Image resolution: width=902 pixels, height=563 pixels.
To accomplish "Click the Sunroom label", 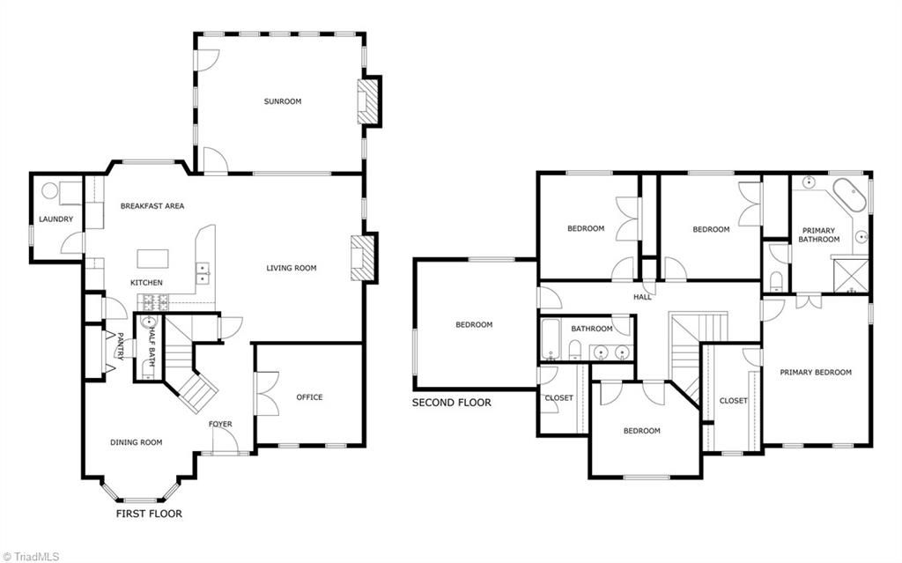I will (x=282, y=101).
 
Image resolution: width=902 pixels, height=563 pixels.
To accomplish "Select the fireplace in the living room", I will (x=362, y=258).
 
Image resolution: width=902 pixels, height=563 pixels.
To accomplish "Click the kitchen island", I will (x=152, y=258).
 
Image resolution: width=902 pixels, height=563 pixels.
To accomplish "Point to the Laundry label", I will (x=55, y=219).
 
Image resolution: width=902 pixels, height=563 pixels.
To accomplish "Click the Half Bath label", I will (x=152, y=345).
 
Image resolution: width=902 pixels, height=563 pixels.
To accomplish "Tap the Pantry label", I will (x=121, y=345).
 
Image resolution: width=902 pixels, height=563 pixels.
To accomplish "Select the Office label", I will (x=309, y=397).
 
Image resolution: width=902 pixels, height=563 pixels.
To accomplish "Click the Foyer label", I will (x=220, y=425).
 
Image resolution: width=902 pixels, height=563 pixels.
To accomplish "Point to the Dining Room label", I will (x=136, y=442).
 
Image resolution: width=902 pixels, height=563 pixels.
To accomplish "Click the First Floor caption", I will (x=149, y=513).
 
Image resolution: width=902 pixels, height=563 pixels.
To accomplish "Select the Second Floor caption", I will (x=451, y=403).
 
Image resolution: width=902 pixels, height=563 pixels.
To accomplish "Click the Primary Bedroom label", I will (x=816, y=373).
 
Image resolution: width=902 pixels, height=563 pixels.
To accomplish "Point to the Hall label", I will (x=642, y=297).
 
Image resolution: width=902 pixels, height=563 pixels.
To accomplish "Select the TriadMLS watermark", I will (x=33, y=555).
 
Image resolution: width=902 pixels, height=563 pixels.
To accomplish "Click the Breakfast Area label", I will (x=152, y=206).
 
